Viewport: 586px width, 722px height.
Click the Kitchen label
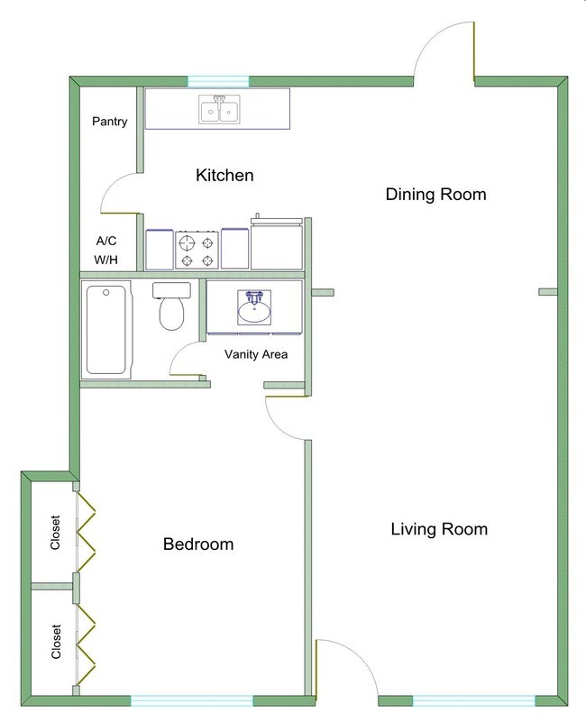[x=224, y=175]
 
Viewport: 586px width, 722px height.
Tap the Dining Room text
[x=435, y=194]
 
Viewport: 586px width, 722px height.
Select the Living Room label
[x=439, y=529]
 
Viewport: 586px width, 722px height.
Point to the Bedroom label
[x=197, y=544]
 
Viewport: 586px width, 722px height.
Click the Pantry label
[x=109, y=122]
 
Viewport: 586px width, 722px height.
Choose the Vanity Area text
[x=256, y=354]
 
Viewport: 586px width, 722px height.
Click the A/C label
[x=106, y=242]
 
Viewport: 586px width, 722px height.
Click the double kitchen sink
[x=218, y=110]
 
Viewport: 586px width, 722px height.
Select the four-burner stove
[x=197, y=249]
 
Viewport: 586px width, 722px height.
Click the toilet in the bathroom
[x=171, y=307]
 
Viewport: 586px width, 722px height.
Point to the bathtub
[x=107, y=328]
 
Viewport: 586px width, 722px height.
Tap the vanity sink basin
[x=255, y=308]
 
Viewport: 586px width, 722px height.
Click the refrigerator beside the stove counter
[x=279, y=243]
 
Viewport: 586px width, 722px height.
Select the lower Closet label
[x=57, y=642]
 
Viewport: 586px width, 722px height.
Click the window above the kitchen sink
[x=217, y=81]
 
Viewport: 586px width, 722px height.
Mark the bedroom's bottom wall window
[x=191, y=700]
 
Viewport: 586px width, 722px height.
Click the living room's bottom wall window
[x=472, y=700]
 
